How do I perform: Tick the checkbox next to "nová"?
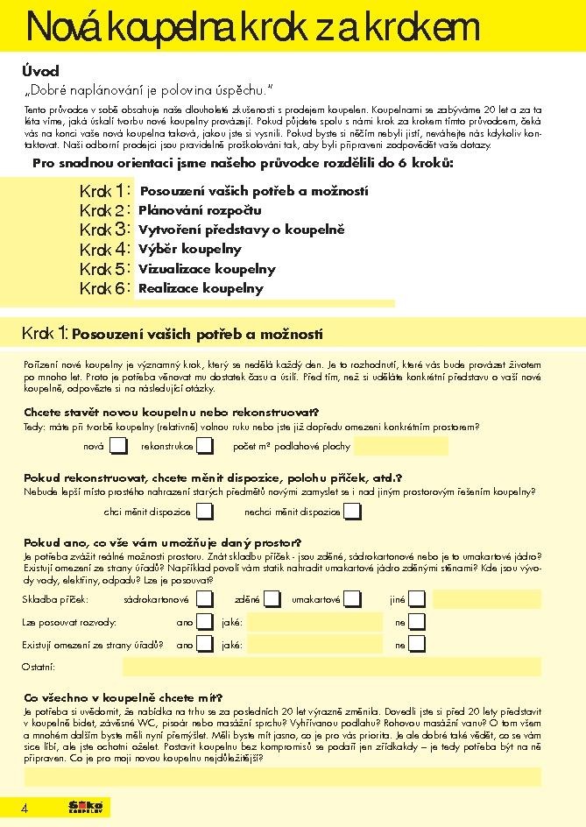(117, 447)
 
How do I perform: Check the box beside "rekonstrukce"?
(205, 447)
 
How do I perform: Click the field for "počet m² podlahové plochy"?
(400, 447)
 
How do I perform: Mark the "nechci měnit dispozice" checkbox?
(352, 512)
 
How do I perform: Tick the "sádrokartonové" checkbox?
(205, 599)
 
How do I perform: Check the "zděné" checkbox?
(272, 599)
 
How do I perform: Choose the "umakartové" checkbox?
(353, 599)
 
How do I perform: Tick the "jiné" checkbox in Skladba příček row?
(417, 599)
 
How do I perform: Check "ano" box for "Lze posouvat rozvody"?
(205, 622)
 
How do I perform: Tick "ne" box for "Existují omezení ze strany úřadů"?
(417, 645)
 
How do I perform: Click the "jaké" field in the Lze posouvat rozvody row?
(314, 622)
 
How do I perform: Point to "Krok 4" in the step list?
(104, 250)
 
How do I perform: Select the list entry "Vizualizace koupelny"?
(207, 269)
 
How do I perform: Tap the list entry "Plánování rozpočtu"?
(200, 210)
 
